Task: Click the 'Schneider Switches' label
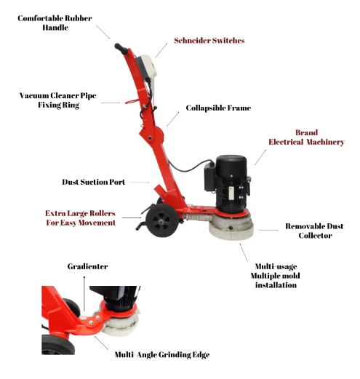209,41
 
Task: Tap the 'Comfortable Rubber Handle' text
55,23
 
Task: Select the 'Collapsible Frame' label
218,108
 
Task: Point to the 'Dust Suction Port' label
94,182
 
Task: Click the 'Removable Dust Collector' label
314,231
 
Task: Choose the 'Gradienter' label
87,266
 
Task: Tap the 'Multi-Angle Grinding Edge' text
162,355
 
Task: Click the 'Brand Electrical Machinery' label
306,137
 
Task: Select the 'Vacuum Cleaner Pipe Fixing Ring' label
58,100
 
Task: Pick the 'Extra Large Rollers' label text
80,213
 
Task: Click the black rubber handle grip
121,49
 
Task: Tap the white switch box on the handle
147,66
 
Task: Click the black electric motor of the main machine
228,183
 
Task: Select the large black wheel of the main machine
162,220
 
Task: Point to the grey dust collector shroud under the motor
231,227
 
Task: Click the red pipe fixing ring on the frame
132,101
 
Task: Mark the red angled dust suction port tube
161,191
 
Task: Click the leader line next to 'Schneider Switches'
161,51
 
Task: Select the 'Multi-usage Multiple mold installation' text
276,276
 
